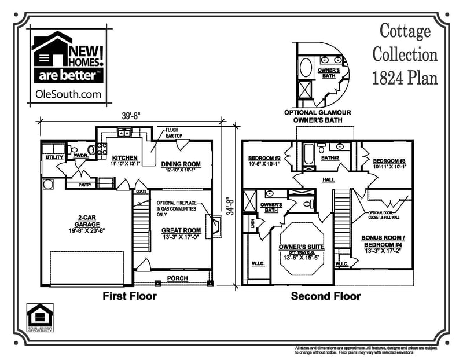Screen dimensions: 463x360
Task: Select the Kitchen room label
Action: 125,157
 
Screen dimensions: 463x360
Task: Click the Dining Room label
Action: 181,164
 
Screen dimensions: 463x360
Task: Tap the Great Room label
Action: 181,230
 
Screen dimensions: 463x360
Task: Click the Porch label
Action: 177,279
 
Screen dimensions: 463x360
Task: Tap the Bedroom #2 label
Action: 264,159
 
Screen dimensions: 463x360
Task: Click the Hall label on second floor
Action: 329,179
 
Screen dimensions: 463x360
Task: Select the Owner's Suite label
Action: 302,247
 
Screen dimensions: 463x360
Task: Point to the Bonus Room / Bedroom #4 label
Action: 387,240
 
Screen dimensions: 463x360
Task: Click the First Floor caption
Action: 130,296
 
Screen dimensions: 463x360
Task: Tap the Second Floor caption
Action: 326,296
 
